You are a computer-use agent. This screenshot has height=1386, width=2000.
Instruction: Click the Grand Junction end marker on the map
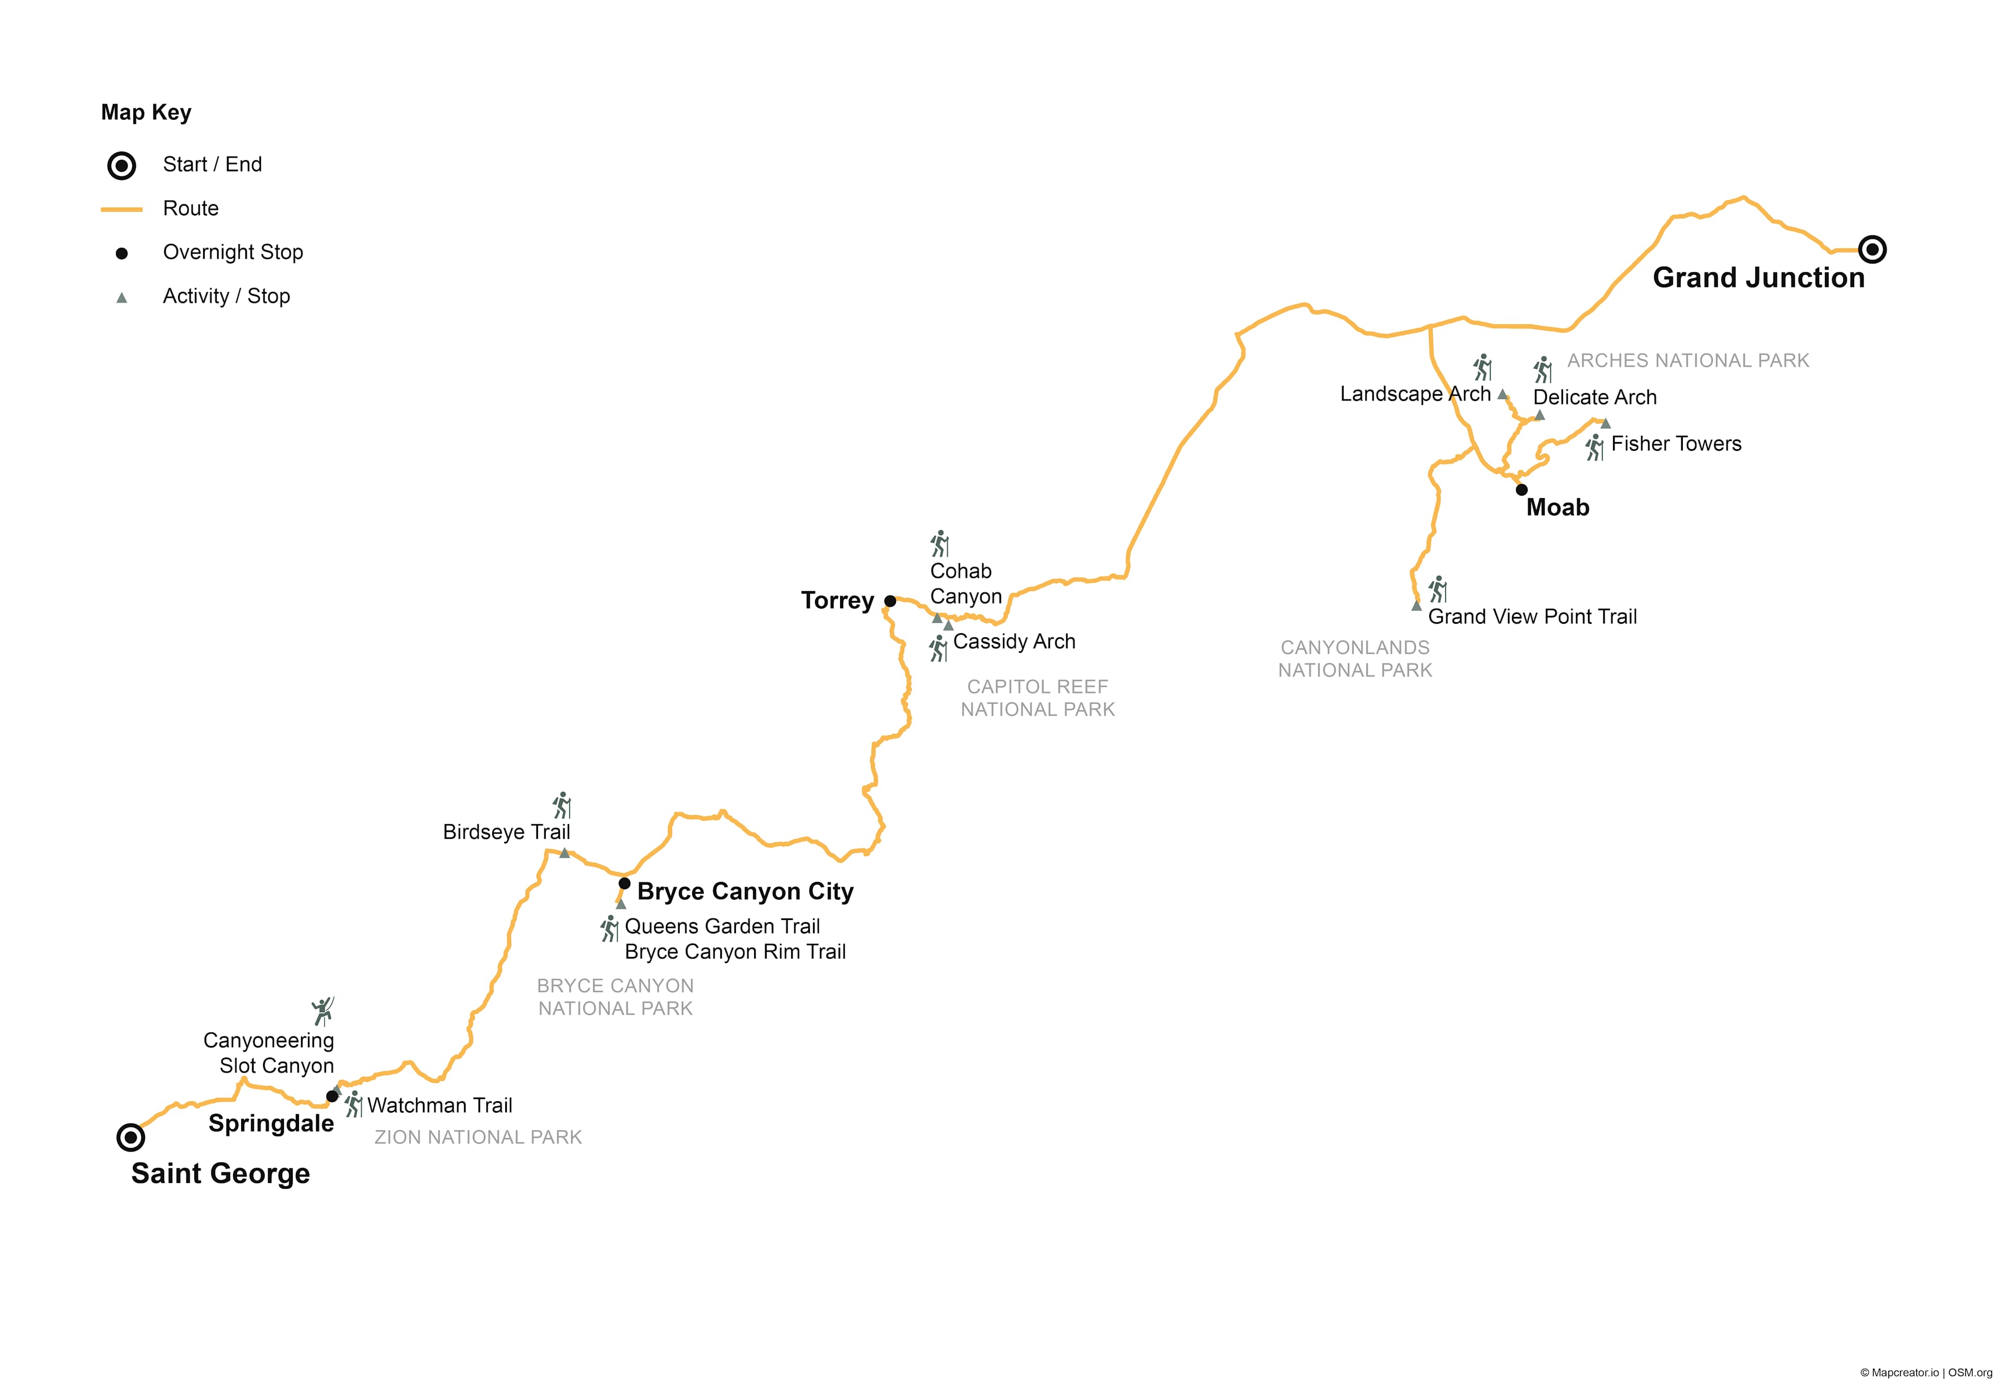[1871, 250]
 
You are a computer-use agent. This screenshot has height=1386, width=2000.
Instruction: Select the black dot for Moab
[1521, 490]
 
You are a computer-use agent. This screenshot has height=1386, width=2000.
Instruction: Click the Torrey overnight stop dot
[890, 601]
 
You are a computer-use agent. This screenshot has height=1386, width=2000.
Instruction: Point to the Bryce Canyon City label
[745, 892]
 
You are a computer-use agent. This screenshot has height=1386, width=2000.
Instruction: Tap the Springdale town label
[271, 1124]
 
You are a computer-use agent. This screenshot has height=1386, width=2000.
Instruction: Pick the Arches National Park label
[1687, 360]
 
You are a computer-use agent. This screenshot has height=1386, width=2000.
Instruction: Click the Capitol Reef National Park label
[1037, 698]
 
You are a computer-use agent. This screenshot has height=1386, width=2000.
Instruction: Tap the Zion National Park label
[478, 1138]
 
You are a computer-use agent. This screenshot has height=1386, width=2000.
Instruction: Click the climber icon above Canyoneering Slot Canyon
[323, 1012]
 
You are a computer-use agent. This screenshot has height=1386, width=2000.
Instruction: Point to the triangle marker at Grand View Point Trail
[1416, 606]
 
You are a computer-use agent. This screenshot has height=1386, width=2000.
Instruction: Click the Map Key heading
[146, 112]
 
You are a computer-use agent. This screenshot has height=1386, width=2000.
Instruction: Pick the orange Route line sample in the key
[122, 209]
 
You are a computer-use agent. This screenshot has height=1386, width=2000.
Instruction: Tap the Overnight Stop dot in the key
[122, 254]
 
